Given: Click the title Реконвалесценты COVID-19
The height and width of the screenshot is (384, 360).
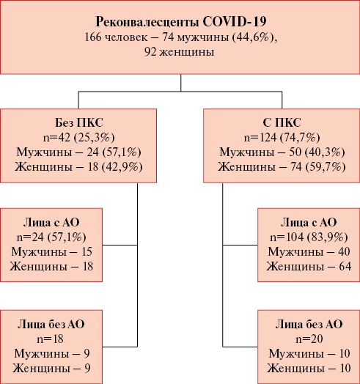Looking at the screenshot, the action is [x=181, y=22].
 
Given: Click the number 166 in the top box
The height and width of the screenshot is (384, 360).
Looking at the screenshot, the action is [x=92, y=37].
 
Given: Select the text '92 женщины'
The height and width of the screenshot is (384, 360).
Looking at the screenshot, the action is [x=179, y=52].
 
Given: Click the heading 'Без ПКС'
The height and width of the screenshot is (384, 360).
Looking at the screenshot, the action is [x=79, y=122].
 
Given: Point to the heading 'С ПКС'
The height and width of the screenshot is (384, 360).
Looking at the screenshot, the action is [x=282, y=122].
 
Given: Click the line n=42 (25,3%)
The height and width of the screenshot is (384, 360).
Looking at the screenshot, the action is [x=79, y=137].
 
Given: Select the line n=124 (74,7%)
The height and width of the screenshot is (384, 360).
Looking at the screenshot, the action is [x=282, y=137].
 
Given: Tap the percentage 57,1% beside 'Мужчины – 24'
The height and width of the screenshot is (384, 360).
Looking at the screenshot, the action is [x=122, y=152].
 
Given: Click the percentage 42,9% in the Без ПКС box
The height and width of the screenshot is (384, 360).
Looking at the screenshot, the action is [x=122, y=167].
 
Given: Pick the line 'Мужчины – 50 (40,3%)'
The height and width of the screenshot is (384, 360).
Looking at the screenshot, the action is [x=282, y=152].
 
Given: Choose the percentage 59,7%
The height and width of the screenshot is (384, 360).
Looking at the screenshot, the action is [x=326, y=167].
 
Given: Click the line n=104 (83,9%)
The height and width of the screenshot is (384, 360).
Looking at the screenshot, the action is [x=309, y=237].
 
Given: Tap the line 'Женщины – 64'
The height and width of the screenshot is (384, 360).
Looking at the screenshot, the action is [x=309, y=267].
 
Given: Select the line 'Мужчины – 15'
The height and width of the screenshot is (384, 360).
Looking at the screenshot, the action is [x=52, y=252].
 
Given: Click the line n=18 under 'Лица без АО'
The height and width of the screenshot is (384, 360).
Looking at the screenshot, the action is [x=51, y=339].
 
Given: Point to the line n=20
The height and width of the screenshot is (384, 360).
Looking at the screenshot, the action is [x=309, y=339].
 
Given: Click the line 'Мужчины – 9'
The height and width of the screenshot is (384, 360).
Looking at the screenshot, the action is [x=52, y=354].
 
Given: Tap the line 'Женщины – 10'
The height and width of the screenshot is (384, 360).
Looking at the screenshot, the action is [x=309, y=368].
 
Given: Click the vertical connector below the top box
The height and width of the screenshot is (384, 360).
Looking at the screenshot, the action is [x=181, y=83].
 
